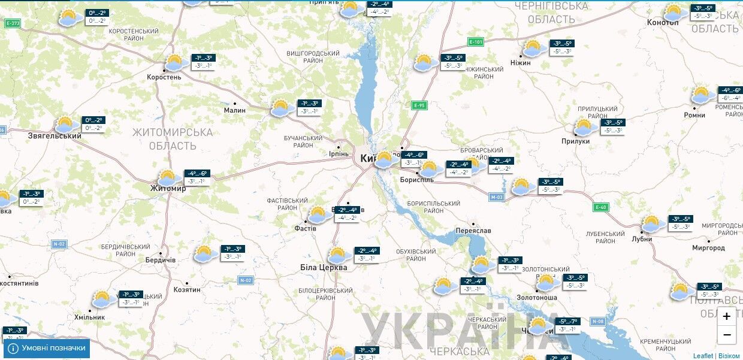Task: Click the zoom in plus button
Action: (x=726, y=316)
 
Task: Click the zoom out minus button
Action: (x=726, y=334)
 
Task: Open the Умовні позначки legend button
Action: (x=47, y=348)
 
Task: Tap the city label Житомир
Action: (x=168, y=188)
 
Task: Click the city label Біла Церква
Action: (x=324, y=267)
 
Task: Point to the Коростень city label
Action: (x=164, y=77)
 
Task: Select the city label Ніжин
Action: (x=520, y=62)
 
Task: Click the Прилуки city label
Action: (x=576, y=141)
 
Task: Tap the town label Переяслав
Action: (x=473, y=231)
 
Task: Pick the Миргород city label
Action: (x=708, y=248)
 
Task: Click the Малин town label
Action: (x=234, y=110)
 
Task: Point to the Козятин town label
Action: (x=186, y=289)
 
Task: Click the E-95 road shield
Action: (x=419, y=105)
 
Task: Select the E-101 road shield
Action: (x=476, y=42)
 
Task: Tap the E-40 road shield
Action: (x=601, y=207)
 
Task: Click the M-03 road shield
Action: (x=497, y=196)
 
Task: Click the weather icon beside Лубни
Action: (x=652, y=223)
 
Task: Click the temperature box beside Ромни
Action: (x=730, y=94)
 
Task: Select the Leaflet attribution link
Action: (x=703, y=356)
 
